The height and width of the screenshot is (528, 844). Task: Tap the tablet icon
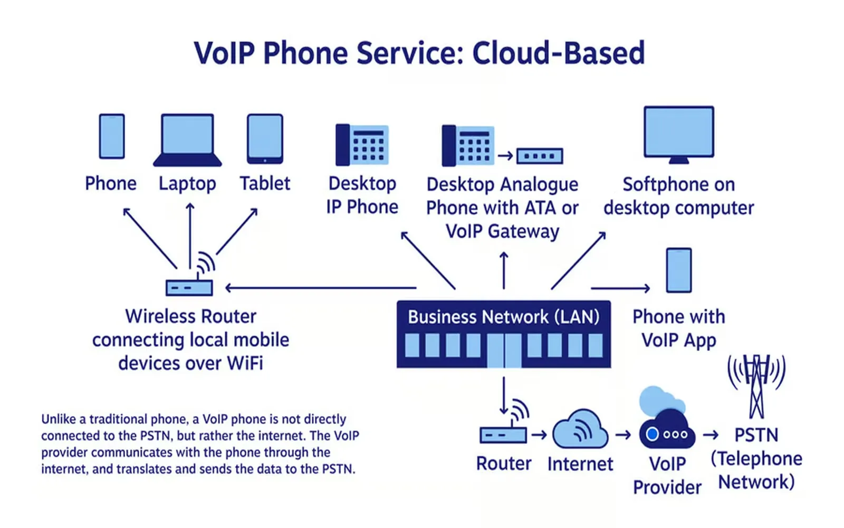(265, 138)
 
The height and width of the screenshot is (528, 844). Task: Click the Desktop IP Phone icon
(362, 145)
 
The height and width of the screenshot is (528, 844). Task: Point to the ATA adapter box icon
(540, 156)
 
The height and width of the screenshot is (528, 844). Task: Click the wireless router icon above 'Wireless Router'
(190, 285)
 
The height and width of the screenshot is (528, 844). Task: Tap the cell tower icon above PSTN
(756, 385)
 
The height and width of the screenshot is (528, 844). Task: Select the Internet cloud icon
(580, 430)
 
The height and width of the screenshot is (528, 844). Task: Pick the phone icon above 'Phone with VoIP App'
(679, 270)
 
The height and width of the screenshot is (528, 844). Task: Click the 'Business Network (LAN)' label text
(504, 317)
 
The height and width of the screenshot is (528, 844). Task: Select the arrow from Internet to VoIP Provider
(623, 435)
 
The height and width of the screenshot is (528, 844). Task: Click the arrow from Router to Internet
(539, 435)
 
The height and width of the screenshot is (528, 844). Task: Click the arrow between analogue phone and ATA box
(505, 155)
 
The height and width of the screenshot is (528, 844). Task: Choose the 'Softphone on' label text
(678, 184)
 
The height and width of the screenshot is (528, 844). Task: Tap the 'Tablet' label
(265, 184)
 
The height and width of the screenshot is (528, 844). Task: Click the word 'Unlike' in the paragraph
(59, 419)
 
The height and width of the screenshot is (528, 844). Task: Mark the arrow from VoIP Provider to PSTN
(711, 435)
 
